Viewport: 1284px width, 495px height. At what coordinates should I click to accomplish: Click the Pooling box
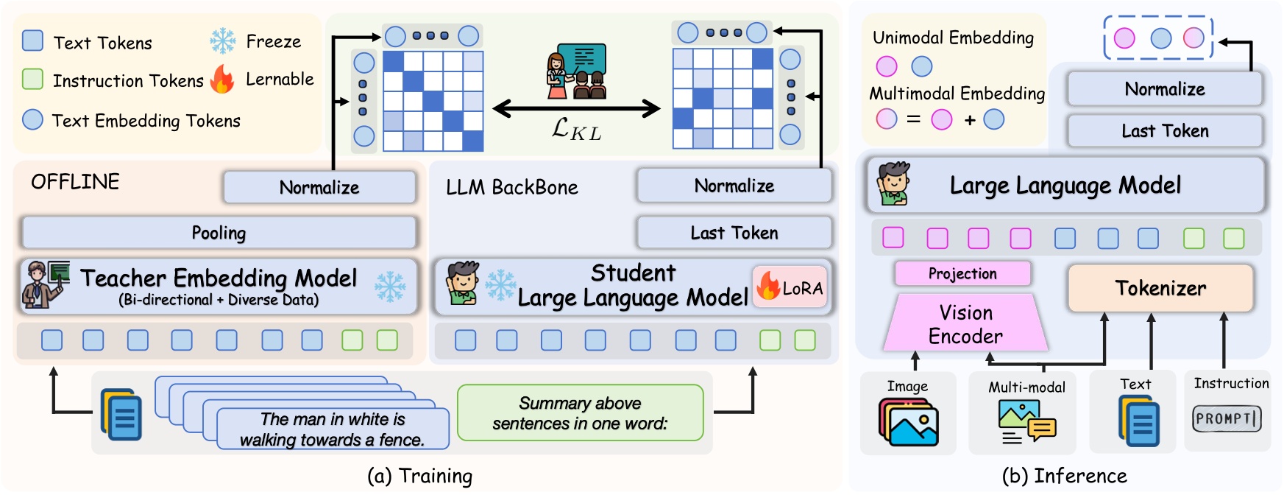219,233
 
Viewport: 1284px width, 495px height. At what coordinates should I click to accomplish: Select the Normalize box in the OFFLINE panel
319,187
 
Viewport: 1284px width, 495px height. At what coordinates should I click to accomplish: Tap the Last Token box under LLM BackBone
734,233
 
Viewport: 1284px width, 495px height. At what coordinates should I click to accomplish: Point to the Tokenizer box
1160,288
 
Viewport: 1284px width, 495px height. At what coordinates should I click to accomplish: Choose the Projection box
962,273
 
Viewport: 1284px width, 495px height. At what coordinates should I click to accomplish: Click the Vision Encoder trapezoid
965,324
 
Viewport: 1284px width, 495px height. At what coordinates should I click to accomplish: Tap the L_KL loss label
576,130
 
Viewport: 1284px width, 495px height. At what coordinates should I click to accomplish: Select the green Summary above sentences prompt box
580,412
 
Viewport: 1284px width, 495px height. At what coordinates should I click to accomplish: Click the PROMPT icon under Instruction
1227,418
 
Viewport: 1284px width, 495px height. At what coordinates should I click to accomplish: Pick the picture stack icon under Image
908,422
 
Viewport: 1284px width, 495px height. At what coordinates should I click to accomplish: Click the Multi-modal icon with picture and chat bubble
1026,422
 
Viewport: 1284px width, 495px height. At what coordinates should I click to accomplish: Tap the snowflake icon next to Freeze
222,41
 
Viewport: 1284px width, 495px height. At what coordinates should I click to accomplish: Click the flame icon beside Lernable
222,79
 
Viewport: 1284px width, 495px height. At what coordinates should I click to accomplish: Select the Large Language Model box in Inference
1065,185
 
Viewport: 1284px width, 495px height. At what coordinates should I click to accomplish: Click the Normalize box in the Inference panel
1164,89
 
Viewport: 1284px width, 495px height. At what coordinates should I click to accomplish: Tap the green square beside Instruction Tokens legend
32,79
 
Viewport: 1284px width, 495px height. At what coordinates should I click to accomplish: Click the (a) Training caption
419,476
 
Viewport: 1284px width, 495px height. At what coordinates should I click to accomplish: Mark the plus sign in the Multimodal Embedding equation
969,120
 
